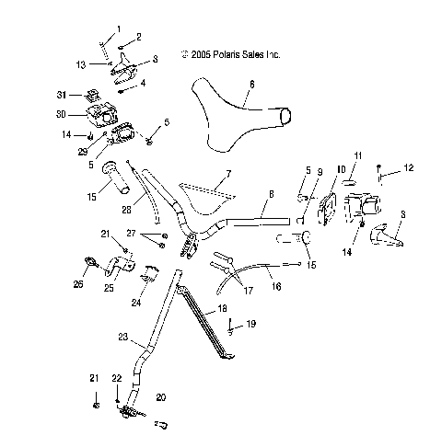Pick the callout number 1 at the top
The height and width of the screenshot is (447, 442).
click(117, 29)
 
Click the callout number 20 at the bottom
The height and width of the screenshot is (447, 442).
click(161, 397)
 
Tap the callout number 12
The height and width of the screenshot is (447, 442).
click(410, 167)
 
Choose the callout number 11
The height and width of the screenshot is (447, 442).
click(359, 156)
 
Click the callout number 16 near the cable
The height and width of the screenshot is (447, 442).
click(275, 287)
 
